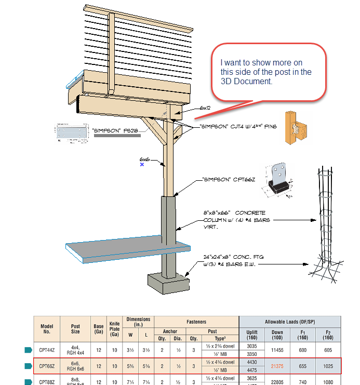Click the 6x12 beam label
tap(205, 108)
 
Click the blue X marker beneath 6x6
tap(142, 164)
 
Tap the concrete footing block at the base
tap(169, 284)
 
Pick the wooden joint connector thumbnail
tap(295, 127)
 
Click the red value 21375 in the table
tap(277, 366)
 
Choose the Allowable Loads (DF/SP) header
tap(290, 322)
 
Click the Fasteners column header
tap(196, 322)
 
